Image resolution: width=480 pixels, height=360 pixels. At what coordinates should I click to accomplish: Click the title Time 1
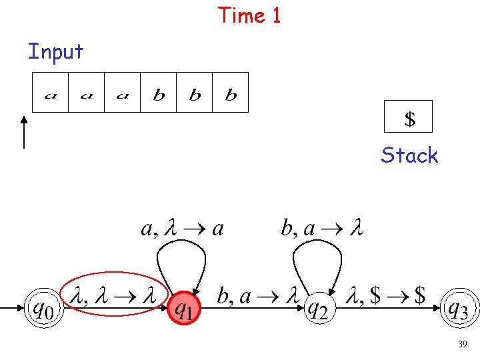(x=249, y=15)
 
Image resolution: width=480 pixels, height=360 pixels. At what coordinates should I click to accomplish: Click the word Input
(x=55, y=51)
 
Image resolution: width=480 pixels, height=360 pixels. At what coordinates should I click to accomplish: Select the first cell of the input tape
(x=51, y=93)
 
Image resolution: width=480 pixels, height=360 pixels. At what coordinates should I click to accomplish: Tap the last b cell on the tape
(x=231, y=93)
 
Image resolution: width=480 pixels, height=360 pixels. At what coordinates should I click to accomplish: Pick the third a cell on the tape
(x=122, y=93)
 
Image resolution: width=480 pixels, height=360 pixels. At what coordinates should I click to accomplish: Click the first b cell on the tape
(x=159, y=93)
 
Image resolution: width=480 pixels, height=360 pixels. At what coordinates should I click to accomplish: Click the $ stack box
(x=409, y=117)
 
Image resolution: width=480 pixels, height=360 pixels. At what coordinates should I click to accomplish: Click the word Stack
(x=409, y=155)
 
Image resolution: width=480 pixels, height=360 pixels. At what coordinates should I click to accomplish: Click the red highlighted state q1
(x=185, y=309)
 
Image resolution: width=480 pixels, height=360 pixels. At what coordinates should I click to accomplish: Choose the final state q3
(x=461, y=309)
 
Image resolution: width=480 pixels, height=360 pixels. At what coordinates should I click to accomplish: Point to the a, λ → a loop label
(x=182, y=229)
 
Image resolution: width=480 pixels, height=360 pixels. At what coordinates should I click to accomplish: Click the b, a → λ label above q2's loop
(x=322, y=229)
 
